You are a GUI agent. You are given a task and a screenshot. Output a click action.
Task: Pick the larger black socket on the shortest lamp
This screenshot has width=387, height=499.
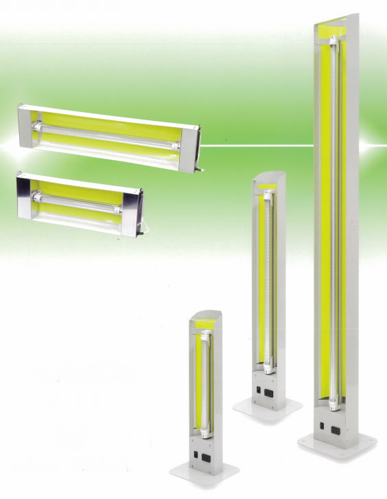[x=207, y=455]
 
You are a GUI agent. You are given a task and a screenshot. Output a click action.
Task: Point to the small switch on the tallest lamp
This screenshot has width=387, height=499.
[x=322, y=426]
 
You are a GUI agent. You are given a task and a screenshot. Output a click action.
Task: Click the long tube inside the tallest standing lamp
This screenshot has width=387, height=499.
[x=335, y=206]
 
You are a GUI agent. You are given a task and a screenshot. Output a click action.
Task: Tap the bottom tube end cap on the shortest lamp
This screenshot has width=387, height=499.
[x=204, y=434]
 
